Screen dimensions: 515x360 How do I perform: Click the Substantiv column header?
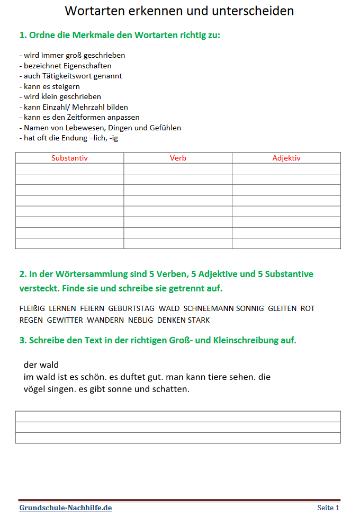[69, 158]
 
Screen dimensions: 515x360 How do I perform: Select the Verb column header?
[178, 158]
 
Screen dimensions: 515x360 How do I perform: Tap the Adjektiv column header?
[286, 158]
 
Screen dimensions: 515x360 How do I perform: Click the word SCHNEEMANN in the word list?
[208, 308]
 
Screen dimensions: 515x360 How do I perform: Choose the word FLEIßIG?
[32, 308]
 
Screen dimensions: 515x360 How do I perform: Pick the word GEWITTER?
[65, 320]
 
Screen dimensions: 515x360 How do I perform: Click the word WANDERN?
[105, 320]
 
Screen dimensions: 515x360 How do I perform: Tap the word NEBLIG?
[140, 320]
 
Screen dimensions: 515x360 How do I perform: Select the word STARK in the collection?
[199, 320]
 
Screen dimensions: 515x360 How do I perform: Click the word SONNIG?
[250, 308]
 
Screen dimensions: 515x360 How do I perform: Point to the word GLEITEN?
[282, 308]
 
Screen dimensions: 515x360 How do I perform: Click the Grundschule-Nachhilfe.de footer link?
[66, 508]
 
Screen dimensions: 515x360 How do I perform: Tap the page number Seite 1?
[328, 508]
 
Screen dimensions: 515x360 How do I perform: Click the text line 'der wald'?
[41, 365]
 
